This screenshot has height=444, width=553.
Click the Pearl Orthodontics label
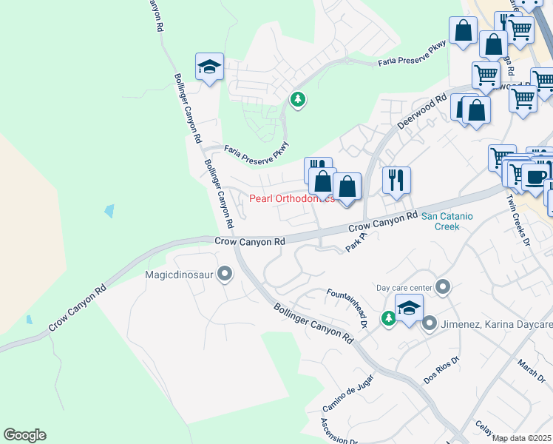pyautogui.click(x=291, y=198)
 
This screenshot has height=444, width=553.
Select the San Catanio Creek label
pyautogui.click(x=451, y=222)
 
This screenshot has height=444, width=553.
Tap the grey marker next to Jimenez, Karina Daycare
pyautogui.click(x=430, y=323)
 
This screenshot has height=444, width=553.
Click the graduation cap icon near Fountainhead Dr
pyautogui.click(x=409, y=308)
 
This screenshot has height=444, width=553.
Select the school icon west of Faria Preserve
pyautogui.click(x=209, y=67)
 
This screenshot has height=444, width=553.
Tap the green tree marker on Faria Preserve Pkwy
pyautogui.click(x=298, y=99)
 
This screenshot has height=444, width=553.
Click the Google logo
pyautogui.click(x=24, y=435)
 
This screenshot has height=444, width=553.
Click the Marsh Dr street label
pyautogui.click(x=531, y=367)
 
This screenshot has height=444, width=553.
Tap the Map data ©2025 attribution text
pyautogui.click(x=522, y=438)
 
